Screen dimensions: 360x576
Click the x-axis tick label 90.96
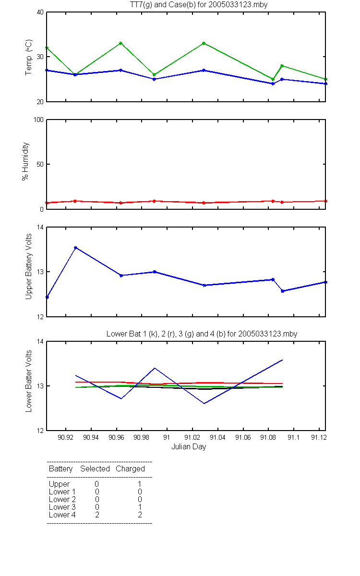[116, 437]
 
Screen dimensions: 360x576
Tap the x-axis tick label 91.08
[268, 437]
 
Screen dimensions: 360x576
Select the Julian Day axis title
[189, 447]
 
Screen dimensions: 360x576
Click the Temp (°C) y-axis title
[28, 57]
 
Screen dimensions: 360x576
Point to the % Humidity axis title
[25, 161]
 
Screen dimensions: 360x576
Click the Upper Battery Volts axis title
[28, 266]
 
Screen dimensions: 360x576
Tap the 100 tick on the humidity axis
[38, 120]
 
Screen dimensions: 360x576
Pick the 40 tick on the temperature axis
[40, 12]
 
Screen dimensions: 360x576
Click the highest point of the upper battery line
[76, 248]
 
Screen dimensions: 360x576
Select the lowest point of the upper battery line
[47, 297]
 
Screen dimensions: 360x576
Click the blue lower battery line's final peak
[283, 360]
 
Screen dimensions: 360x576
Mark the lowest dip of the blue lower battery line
[204, 404]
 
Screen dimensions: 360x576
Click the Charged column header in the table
[130, 469]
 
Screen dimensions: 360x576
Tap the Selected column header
[95, 469]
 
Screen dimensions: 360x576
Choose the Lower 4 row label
[62, 515]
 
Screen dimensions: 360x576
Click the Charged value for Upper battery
[140, 484]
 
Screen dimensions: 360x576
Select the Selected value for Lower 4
[97, 515]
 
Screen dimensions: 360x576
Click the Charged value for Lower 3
[140, 507]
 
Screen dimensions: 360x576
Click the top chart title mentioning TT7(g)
[199, 5]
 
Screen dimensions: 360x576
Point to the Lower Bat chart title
[202, 334]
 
